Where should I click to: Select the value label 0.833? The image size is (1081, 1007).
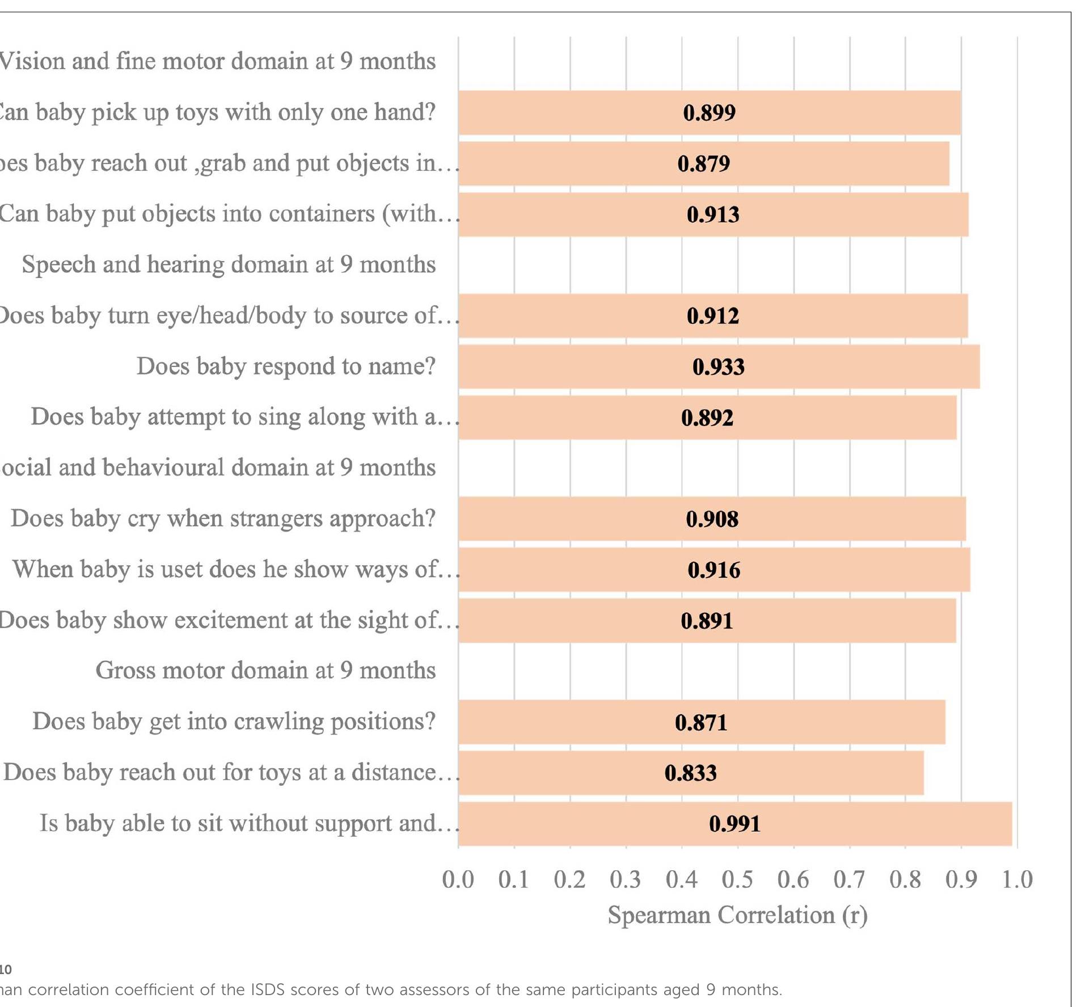point(690,773)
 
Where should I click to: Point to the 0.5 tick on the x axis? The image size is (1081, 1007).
point(737,879)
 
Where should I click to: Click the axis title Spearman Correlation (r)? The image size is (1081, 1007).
point(737,915)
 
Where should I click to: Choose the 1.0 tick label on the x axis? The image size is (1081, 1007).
point(1017,879)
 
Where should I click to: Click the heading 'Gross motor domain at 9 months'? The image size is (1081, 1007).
point(265,671)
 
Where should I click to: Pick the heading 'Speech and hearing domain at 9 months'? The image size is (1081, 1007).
point(229,265)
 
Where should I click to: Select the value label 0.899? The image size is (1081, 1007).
point(709,113)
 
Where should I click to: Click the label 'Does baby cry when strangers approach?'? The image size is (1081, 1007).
point(223,519)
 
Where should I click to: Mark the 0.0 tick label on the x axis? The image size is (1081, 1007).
point(458,879)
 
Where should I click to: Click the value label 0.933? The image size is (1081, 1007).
point(718,367)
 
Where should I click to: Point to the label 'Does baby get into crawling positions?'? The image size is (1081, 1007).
point(234,722)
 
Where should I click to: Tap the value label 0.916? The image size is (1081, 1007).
point(713,570)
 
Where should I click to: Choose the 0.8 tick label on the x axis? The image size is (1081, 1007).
point(905,879)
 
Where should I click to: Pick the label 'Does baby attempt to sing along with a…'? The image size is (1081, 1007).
point(244,417)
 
